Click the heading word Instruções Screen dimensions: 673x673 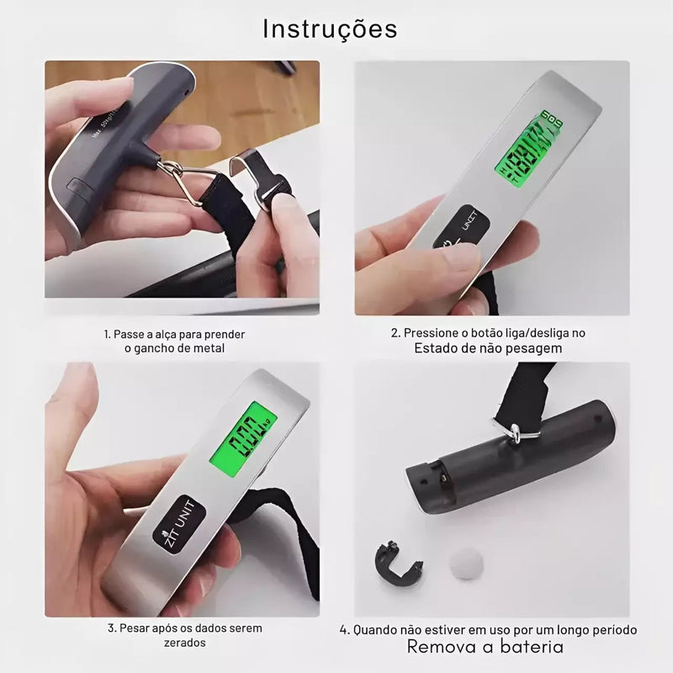330,29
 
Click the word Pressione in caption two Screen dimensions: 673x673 432,333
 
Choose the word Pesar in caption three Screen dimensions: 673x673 137,628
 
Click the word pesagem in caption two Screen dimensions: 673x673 532,347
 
